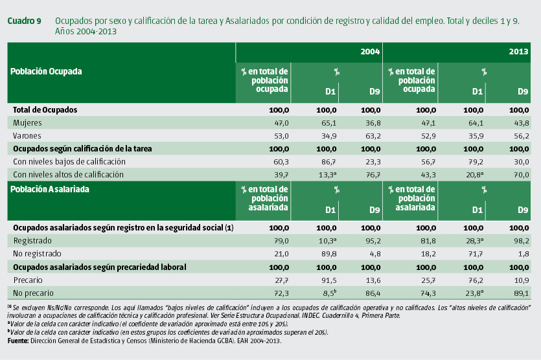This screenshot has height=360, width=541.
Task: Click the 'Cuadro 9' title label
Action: coord(24,21)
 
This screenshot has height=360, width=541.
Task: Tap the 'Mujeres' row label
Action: coord(28,122)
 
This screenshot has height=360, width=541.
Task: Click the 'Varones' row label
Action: coord(28,135)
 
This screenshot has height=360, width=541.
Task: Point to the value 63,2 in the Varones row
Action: coord(371,135)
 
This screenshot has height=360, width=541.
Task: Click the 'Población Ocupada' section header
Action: coord(46,72)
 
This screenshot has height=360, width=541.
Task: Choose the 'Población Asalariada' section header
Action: coord(50,190)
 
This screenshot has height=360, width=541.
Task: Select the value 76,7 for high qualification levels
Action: coord(371,174)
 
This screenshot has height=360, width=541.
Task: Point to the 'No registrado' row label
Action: coord(38,254)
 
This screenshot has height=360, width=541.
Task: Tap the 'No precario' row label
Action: coord(34,293)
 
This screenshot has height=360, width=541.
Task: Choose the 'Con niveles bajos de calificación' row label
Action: coord(69,161)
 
